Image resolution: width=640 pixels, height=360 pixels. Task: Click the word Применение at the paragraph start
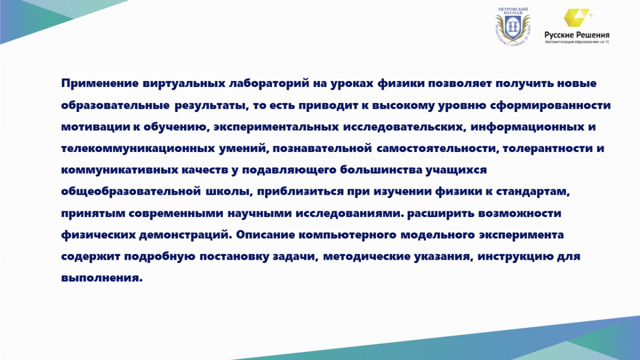click(x=100, y=84)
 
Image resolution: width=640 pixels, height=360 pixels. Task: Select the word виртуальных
click(x=184, y=84)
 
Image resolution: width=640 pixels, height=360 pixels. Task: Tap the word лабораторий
click(x=269, y=84)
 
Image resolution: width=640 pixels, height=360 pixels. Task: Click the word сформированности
click(x=550, y=105)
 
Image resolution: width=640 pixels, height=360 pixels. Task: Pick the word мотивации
click(x=95, y=127)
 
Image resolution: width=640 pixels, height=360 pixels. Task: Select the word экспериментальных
click(x=276, y=127)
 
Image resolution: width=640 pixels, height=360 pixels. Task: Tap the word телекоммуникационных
click(x=138, y=149)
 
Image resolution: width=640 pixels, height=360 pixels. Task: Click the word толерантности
click(x=547, y=148)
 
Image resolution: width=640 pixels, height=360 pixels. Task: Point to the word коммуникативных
click(x=119, y=170)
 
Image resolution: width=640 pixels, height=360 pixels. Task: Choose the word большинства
click(x=381, y=170)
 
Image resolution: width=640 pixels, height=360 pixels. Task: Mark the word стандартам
click(x=533, y=191)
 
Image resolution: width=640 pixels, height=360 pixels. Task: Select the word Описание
click(x=266, y=235)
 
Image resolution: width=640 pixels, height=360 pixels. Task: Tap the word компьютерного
click(x=348, y=235)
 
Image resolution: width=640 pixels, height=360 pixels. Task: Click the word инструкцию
click(x=516, y=257)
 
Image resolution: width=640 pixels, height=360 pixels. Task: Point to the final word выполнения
click(x=102, y=278)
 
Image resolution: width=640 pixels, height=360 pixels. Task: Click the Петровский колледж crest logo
click(x=513, y=27)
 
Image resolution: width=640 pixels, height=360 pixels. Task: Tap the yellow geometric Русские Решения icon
click(x=577, y=18)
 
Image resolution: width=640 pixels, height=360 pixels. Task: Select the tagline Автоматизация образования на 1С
click(x=577, y=42)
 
